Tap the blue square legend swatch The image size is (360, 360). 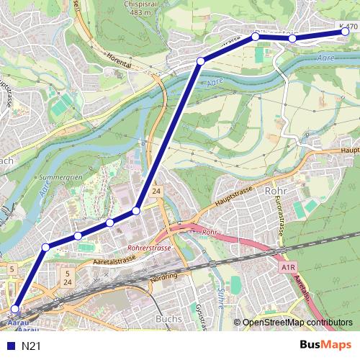[x=12, y=346]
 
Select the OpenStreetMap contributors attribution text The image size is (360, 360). [x=297, y=322]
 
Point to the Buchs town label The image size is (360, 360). [x=168, y=318]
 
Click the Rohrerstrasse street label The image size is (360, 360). [x=149, y=248]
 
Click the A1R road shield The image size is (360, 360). [x=289, y=266]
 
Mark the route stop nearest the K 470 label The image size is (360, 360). [x=346, y=31]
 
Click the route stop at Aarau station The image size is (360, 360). [x=14, y=309]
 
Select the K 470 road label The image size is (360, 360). [x=348, y=27]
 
